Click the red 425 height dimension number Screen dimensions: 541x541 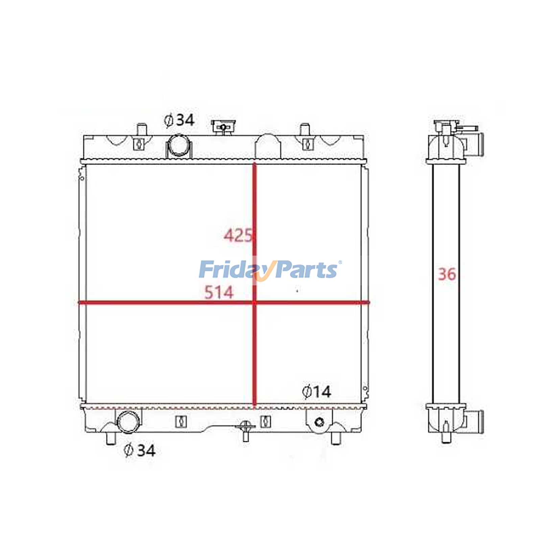tap(238, 235)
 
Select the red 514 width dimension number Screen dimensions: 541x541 tap(219, 292)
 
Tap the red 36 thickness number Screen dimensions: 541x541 tap(447, 274)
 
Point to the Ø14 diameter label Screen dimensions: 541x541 tap(316, 392)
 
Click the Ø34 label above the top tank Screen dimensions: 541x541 tap(179, 120)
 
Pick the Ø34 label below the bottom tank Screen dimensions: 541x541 tap(140, 450)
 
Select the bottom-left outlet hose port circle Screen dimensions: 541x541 tap(128, 422)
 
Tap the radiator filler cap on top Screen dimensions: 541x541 tap(223, 127)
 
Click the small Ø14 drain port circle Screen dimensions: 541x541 tap(319, 422)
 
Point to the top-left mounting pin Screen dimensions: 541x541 tap(142, 130)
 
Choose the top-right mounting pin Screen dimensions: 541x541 tap(305, 130)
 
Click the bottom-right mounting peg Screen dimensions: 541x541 tap(336, 438)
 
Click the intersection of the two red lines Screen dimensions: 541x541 tap(255, 303)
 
